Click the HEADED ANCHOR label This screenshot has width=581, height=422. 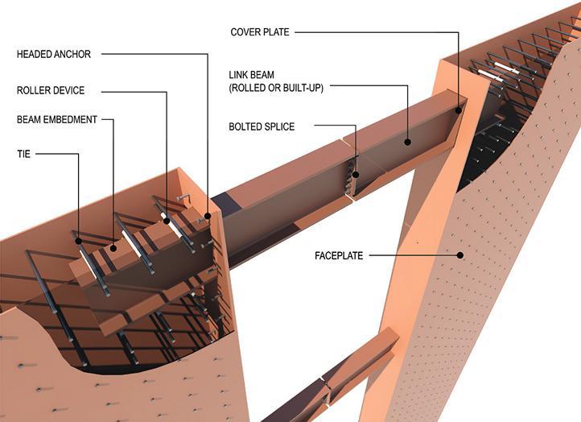coord(54,55)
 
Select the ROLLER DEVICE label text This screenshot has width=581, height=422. coord(51,91)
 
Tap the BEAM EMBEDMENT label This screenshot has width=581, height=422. coord(57,119)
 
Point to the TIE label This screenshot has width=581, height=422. coord(23,153)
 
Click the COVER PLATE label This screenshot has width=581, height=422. coord(260,32)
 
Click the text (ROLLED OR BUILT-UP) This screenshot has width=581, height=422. coord(276,86)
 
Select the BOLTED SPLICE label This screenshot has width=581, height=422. coord(262,126)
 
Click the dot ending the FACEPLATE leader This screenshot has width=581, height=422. coord(461,255)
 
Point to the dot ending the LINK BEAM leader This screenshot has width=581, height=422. coord(408,142)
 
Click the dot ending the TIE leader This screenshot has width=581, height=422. coord(78,239)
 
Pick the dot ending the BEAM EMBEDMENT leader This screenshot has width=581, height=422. coord(114,249)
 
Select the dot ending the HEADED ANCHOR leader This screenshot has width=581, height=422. coord(208,216)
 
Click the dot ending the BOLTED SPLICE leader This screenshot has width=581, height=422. coord(355,171)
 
